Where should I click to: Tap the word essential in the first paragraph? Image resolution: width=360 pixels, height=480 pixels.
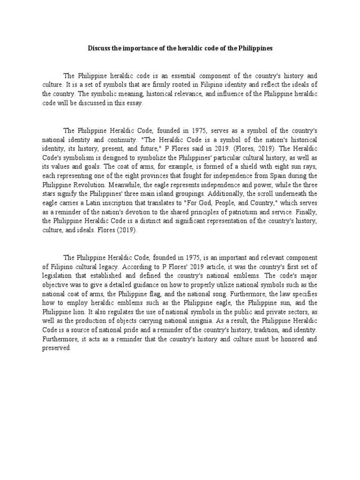pyautogui.click(x=187, y=75)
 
